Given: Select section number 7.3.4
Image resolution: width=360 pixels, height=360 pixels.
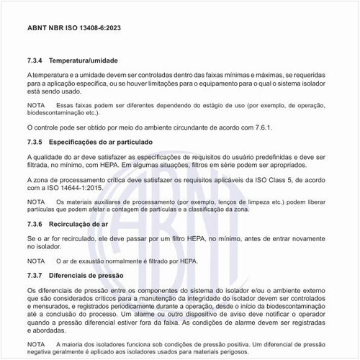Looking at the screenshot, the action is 37,60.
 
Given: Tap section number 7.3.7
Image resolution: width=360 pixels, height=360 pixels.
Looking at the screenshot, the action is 37,275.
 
